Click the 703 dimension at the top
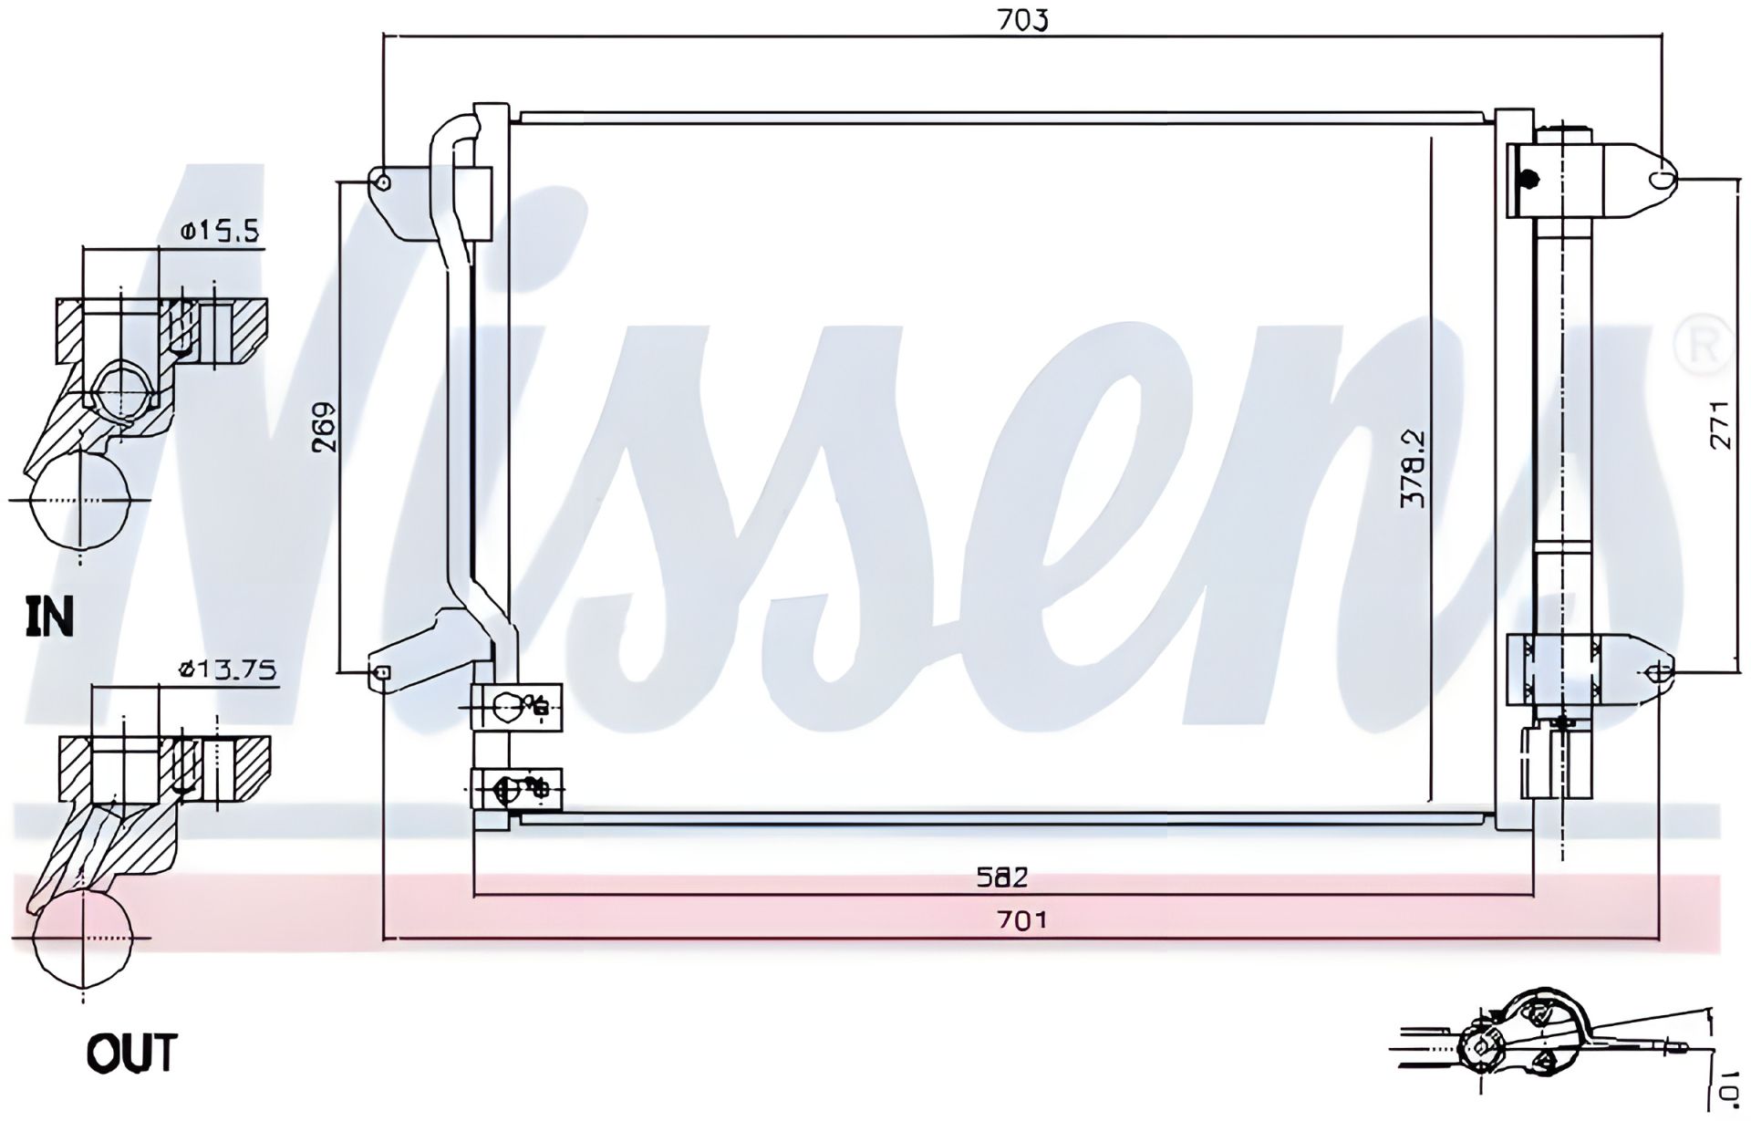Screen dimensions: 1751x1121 [1022, 19]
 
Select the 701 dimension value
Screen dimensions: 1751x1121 [1021, 919]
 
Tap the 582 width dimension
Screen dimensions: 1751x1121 [1002, 877]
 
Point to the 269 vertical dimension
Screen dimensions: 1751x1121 [324, 426]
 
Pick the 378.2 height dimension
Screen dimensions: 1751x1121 [1413, 470]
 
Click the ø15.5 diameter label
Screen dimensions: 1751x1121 [219, 231]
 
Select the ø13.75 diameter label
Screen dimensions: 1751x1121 [227, 670]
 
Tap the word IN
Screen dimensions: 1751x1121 [49, 618]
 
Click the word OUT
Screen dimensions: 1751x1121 [131, 1054]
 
